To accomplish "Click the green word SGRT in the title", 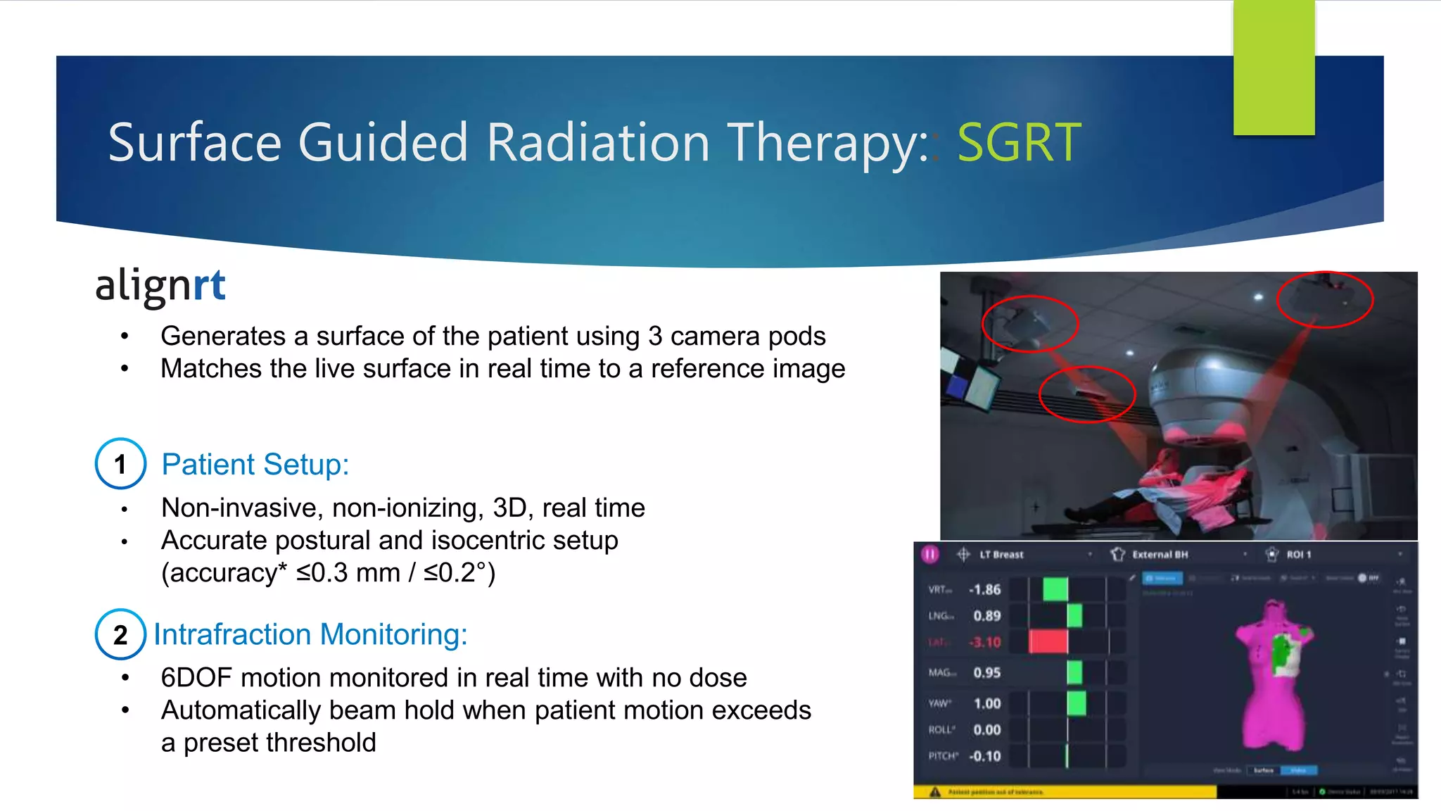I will pos(1018,143).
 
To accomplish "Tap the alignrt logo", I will pos(160,286).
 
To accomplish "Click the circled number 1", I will pos(120,464).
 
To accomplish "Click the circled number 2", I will pos(120,634).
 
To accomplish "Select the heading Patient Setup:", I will pos(255,465).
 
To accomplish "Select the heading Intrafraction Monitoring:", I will pos(310,634).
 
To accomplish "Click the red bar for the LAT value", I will pos(1048,641).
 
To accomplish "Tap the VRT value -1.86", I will pos(984,589).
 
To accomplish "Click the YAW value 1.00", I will pos(987,703).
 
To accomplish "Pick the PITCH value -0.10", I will pos(984,756).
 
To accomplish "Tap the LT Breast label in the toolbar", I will pos(1001,555).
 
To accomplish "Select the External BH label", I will pos(1160,555).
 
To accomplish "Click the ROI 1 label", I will pos(1298,555).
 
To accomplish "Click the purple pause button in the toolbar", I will pos(930,554).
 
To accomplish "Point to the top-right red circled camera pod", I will pos(1324,299).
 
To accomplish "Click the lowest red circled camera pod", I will pos(1086,394).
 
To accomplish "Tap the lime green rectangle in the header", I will pos(1274,67).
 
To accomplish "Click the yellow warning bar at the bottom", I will pos(1069,792).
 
